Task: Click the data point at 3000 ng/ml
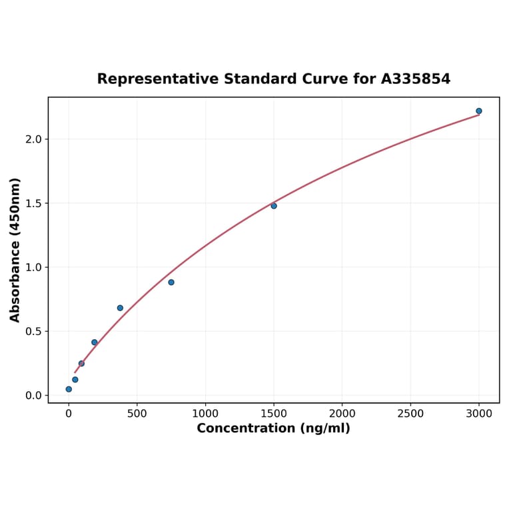[x=478, y=111]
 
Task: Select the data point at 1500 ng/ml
[x=274, y=206]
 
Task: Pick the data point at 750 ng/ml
[x=171, y=282]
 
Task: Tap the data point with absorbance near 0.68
[x=120, y=308]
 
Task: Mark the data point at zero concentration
[x=69, y=389]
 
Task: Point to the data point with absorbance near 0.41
[x=95, y=342]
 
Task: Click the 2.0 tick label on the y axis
[x=33, y=139]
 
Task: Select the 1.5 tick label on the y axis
[x=33, y=203]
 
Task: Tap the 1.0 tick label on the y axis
[x=33, y=267]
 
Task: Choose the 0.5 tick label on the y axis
[x=33, y=331]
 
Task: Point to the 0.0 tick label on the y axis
[x=33, y=396]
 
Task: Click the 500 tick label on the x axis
[x=137, y=414]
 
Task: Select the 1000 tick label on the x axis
[x=205, y=414]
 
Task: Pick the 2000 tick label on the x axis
[x=342, y=414]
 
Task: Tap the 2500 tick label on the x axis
[x=410, y=414]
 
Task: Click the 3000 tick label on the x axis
[x=478, y=414]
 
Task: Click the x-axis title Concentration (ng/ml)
[x=273, y=428]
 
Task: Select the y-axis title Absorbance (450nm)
[x=15, y=250]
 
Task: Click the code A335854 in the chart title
[x=416, y=79]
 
